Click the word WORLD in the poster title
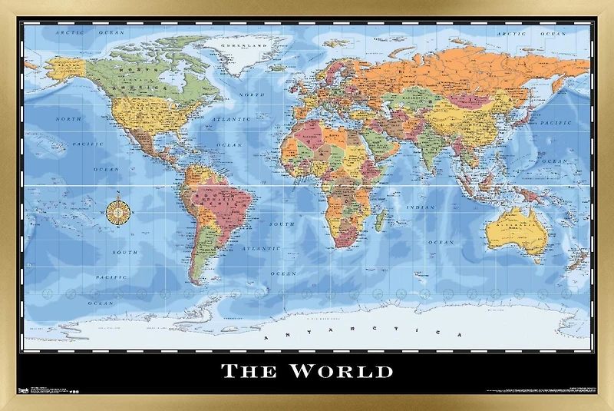tap(342, 372)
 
